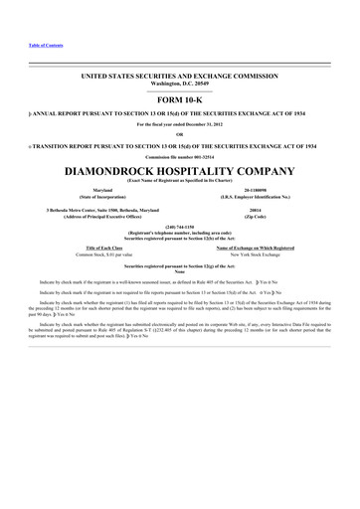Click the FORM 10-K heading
click(180, 101)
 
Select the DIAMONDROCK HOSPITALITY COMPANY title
click(180, 170)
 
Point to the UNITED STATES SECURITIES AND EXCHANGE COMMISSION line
click(180, 76)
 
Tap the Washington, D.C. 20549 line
click(180, 84)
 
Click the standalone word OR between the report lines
click(180, 134)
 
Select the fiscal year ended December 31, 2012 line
click(180, 124)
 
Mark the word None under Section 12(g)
click(180, 273)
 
